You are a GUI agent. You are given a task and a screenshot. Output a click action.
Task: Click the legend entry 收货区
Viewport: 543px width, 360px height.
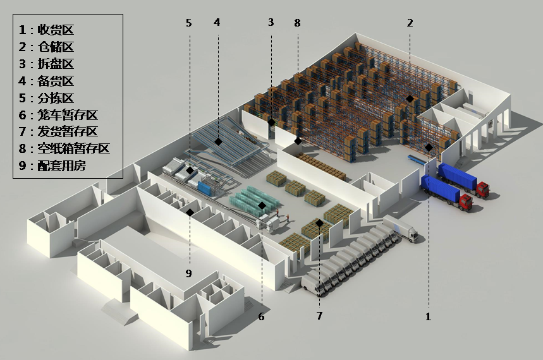coord(56,30)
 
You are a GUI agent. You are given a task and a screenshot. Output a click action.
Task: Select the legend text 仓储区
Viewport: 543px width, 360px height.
coord(56,47)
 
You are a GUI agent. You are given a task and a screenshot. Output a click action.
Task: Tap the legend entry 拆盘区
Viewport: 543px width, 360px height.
coord(56,64)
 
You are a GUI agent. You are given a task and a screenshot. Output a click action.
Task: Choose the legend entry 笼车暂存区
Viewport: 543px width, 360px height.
coord(68,114)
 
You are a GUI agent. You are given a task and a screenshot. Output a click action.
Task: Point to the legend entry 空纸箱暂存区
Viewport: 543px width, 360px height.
coord(73,148)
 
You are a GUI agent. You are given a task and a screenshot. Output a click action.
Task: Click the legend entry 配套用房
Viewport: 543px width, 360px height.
coord(62,165)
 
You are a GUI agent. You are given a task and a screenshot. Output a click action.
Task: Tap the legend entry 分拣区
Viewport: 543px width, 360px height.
coord(56,98)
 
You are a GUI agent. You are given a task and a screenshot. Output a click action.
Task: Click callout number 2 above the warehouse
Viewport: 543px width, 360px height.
coord(410,23)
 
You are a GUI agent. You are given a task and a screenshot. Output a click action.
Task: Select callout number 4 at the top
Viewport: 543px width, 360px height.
coord(217,22)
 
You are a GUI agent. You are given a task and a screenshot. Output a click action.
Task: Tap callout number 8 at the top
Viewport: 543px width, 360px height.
coord(298,23)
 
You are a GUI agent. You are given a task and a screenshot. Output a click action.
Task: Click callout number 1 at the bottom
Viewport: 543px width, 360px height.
coord(429,316)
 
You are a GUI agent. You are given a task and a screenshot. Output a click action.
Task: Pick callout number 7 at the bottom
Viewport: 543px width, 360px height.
coord(319,316)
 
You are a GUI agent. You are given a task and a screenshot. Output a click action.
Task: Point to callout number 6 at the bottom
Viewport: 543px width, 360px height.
coord(262,316)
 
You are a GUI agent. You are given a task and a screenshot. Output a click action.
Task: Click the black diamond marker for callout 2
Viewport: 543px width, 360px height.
coord(410,99)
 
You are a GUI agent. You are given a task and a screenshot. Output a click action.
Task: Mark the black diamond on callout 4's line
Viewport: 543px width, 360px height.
coord(218,141)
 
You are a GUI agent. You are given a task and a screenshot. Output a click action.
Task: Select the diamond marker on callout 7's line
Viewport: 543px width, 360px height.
coord(319,224)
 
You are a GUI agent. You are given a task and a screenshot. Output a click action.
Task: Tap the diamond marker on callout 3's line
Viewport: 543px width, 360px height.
coord(272,122)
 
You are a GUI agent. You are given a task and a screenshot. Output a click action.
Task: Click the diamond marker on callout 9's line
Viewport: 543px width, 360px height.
coord(190,212)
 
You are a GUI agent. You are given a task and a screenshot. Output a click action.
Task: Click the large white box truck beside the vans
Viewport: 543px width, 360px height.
coord(401,228)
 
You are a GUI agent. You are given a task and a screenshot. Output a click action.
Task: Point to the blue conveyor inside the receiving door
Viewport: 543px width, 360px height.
coord(417,160)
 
